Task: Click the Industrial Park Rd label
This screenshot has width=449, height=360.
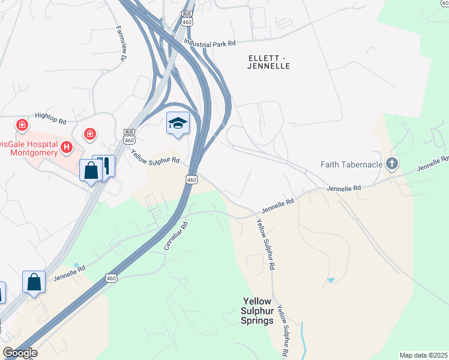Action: point(209,43)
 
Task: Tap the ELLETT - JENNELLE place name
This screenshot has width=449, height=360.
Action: point(268,61)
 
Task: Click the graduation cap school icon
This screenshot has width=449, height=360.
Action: point(178,124)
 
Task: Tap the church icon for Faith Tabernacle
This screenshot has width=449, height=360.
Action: point(392,163)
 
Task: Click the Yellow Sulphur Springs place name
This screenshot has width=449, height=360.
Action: point(258,311)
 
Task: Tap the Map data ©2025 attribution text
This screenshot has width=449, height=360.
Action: point(423,355)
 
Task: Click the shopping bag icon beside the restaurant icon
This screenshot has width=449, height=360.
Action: point(91,171)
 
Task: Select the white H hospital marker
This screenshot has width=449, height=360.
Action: point(67,146)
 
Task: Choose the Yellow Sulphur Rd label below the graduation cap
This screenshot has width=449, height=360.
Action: point(155,156)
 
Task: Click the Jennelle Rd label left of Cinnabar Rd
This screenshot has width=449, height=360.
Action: point(70,272)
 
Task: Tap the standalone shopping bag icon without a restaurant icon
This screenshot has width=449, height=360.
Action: point(34,282)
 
